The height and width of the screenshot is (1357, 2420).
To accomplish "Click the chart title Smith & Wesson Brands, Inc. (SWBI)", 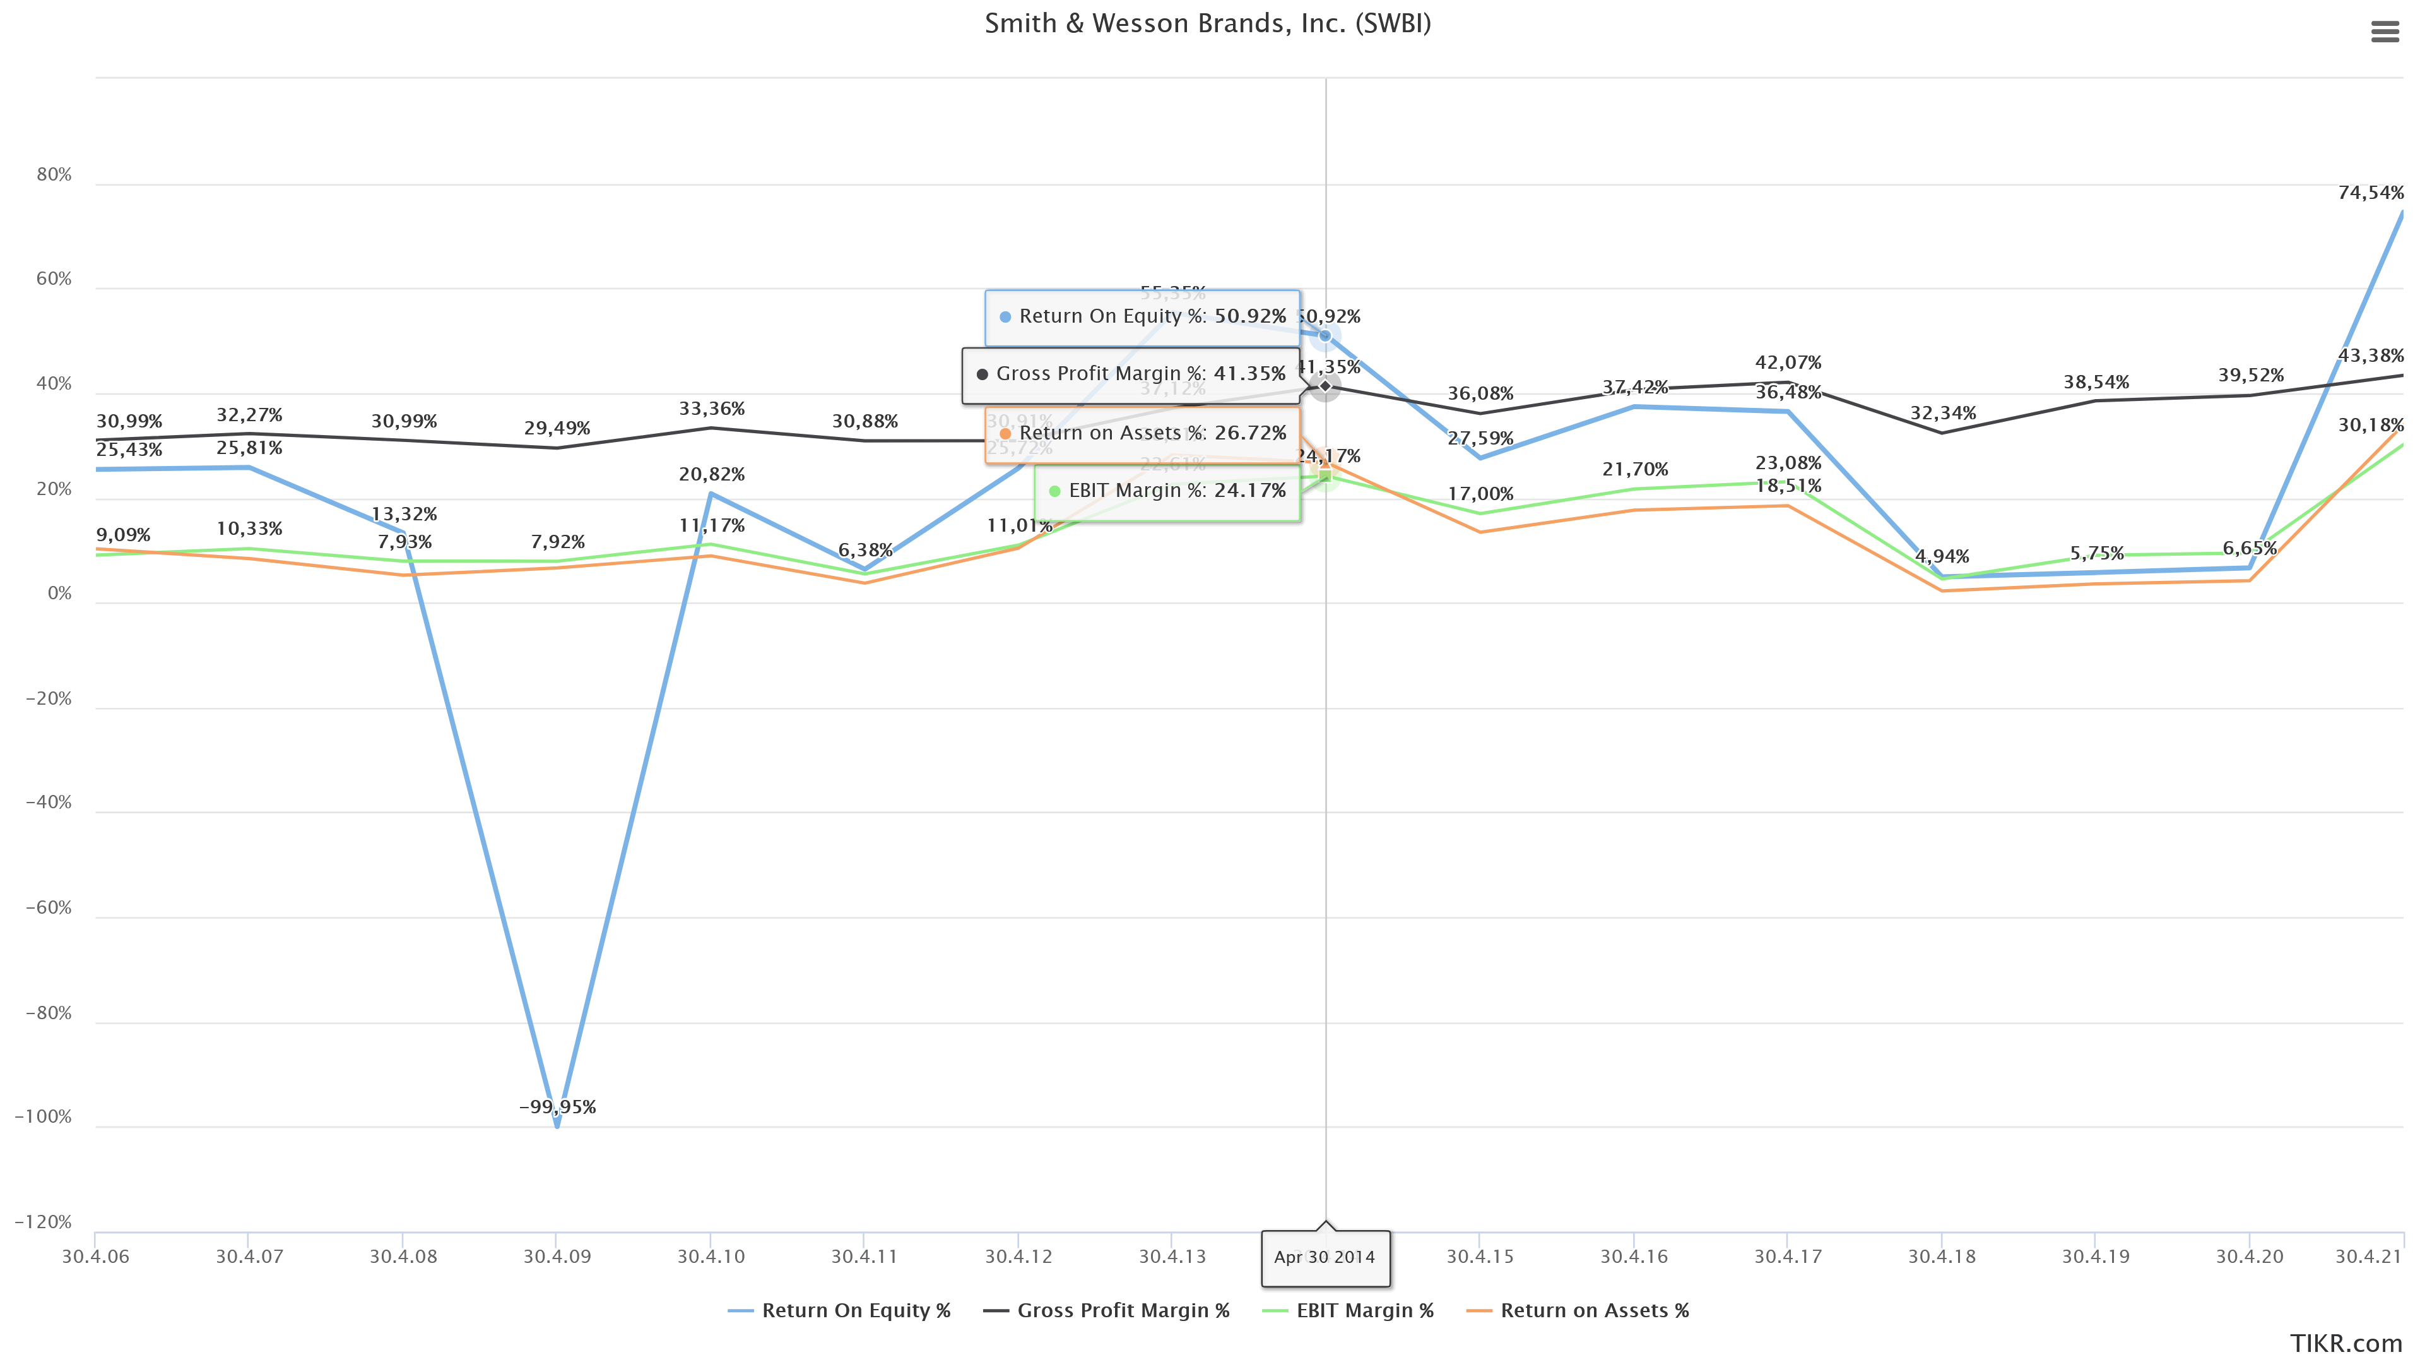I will click(1207, 23).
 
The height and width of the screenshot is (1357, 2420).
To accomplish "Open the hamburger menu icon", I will click(2384, 33).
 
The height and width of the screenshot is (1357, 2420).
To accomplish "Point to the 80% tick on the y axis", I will click(54, 175).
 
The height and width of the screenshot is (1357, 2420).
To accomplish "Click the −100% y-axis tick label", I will click(43, 1116).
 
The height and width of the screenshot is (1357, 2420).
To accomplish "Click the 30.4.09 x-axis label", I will click(557, 1257).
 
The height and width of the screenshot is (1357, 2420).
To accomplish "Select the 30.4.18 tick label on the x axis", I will click(1942, 1257).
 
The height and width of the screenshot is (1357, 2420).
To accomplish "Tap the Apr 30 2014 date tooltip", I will click(1325, 1257).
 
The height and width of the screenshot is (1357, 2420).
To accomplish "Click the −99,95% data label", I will click(557, 1107).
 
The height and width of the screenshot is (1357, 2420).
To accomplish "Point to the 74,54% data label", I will click(2370, 193).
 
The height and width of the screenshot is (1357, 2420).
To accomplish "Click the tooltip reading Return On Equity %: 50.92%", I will click(1142, 317).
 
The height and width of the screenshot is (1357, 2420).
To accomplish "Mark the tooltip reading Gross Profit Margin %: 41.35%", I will click(1130, 374).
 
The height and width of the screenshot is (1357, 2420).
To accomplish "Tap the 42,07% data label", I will click(1788, 362).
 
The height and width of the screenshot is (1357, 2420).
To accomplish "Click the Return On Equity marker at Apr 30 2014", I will click(1325, 335).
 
